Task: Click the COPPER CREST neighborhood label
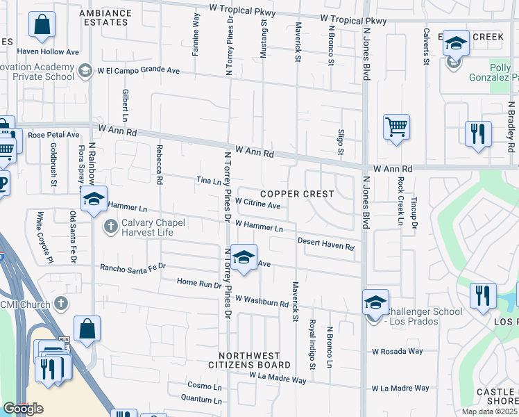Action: [x=298, y=194]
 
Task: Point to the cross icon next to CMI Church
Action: [x=61, y=304]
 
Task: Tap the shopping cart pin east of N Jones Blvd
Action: [x=396, y=128]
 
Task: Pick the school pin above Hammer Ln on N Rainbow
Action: [x=94, y=199]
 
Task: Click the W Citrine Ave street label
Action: [x=257, y=206]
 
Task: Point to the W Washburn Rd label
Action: [x=261, y=301]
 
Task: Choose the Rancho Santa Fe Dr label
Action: [x=133, y=266]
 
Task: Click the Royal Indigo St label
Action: [x=312, y=344]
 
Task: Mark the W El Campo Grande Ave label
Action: [x=138, y=70]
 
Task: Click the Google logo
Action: [x=23, y=409]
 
